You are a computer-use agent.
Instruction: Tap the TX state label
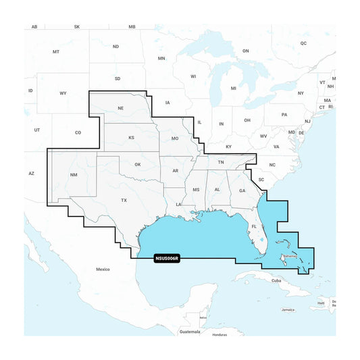click(124, 201)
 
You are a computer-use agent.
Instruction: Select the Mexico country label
click(102, 269)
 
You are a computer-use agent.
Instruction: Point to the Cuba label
click(276, 280)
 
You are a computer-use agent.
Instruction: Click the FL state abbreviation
click(255, 227)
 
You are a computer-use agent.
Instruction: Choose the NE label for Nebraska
click(121, 108)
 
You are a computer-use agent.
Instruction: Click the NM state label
click(74, 176)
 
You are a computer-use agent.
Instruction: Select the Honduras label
click(219, 334)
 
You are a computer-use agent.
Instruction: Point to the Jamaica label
click(288, 310)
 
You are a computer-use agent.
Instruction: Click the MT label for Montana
click(56, 52)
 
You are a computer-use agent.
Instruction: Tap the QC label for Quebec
click(303, 43)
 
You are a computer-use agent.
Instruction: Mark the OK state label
click(137, 164)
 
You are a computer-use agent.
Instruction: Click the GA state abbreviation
click(241, 190)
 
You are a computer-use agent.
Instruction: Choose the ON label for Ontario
click(246, 51)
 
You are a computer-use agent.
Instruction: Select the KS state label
click(132, 138)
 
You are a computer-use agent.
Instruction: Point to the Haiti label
click(321, 303)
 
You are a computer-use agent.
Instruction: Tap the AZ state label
click(31, 174)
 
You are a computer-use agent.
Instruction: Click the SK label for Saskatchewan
click(76, 26)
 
